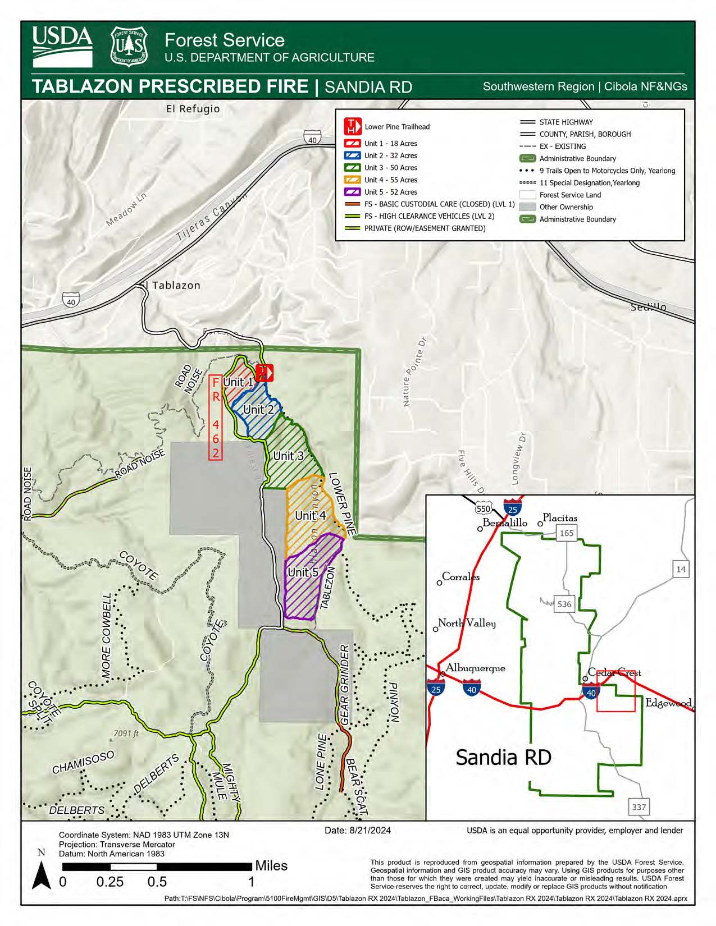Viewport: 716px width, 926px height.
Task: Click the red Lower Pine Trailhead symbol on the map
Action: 264,373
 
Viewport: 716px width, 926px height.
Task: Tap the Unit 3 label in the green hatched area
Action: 288,456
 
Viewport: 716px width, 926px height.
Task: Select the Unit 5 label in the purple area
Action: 303,572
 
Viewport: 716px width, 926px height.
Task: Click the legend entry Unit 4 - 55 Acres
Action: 390,180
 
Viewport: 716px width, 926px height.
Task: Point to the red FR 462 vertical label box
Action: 216,418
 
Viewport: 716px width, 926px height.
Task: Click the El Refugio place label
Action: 193,109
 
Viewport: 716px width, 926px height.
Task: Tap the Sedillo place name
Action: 648,307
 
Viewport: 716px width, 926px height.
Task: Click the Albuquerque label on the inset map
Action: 475,668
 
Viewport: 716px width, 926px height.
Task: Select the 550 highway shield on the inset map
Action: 483,509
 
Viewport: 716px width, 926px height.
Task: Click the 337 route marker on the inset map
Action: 639,807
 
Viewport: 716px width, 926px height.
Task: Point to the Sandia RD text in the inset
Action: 503,757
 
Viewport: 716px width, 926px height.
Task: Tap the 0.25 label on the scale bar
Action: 110,882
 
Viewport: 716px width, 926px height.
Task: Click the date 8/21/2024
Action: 358,831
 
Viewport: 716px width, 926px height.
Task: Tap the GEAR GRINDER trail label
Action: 345,684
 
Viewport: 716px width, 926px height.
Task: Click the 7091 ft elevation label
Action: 126,734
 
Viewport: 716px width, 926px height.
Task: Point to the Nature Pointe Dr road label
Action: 414,372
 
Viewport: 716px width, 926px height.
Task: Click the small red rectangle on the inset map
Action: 615,691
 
